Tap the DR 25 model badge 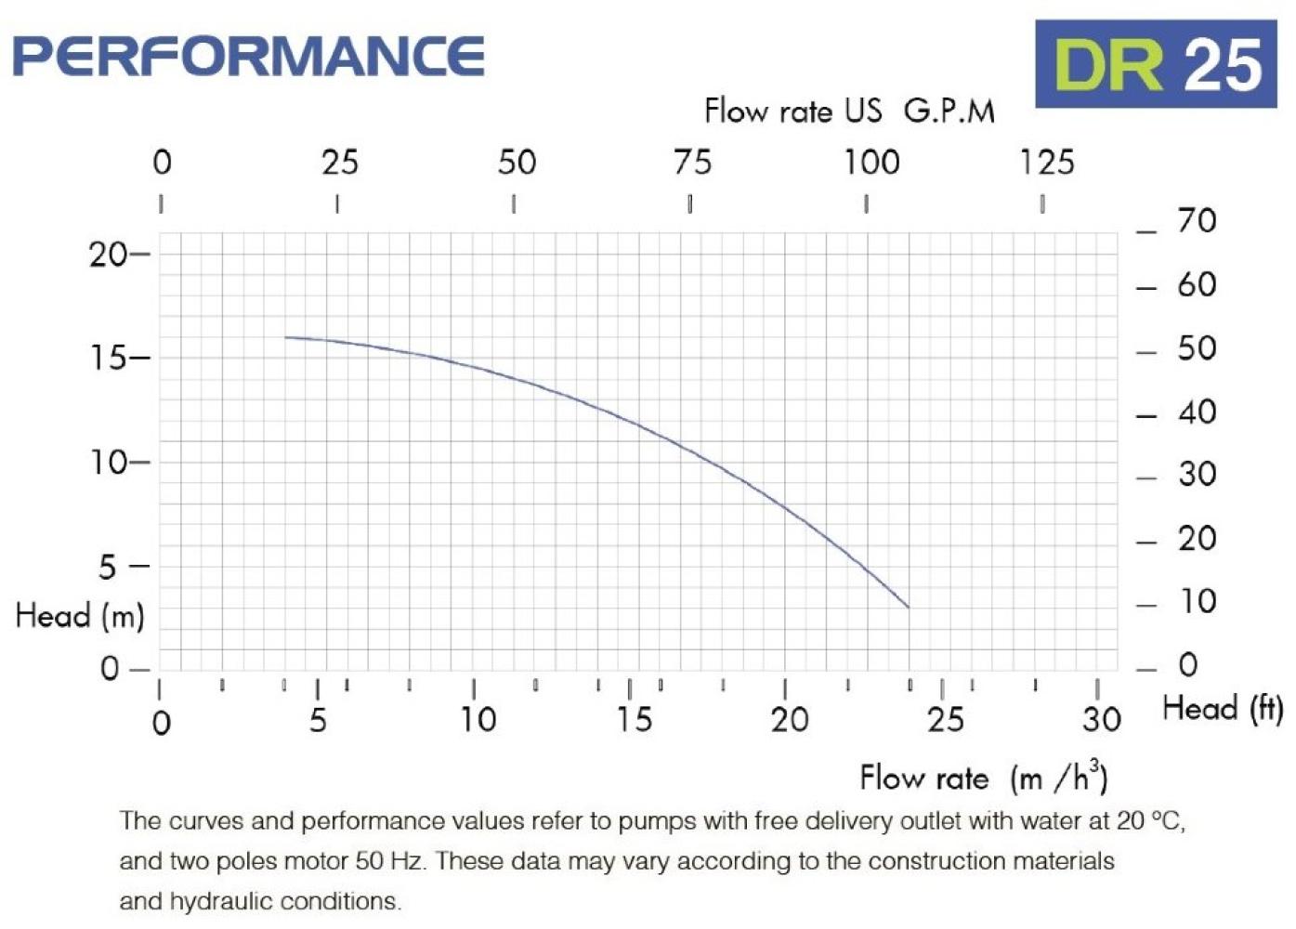pos(1156,64)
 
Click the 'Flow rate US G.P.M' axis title pos(849,111)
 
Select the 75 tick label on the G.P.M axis pos(692,164)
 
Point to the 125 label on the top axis pos(1046,164)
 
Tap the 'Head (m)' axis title pos(80,615)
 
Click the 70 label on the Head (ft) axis pos(1197,221)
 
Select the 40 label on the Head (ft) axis pos(1197,412)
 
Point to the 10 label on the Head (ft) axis pos(1197,602)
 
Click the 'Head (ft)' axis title pos(1223,709)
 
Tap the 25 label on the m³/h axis pos(945,720)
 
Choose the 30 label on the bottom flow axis pos(1101,720)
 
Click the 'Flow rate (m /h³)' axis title pos(983,778)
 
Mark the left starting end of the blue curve pos(286,337)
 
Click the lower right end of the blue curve pos(908,607)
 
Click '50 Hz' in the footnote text pos(389,861)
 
